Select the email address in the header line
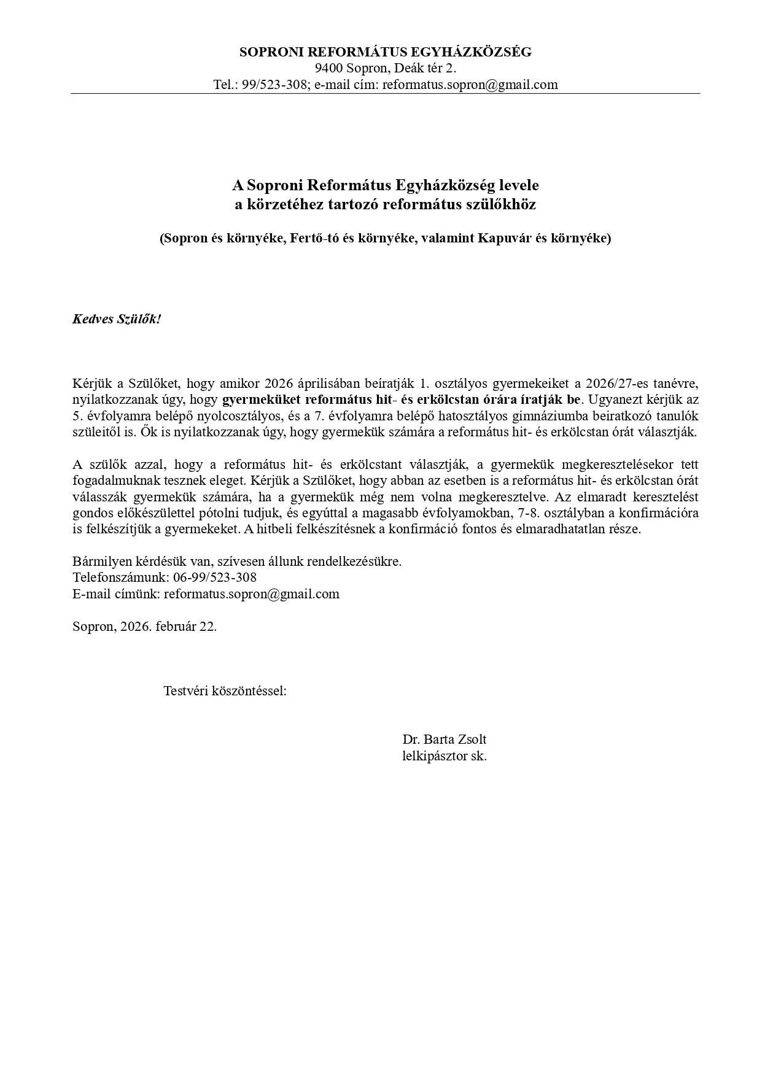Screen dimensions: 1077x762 click(x=470, y=85)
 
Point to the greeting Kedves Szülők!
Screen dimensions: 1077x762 click(x=117, y=319)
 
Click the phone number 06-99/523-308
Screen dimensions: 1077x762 click(x=215, y=577)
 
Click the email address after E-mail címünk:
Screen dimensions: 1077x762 click(x=251, y=594)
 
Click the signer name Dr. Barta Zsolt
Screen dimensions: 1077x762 click(x=445, y=739)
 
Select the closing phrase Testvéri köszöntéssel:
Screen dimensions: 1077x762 click(x=225, y=691)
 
